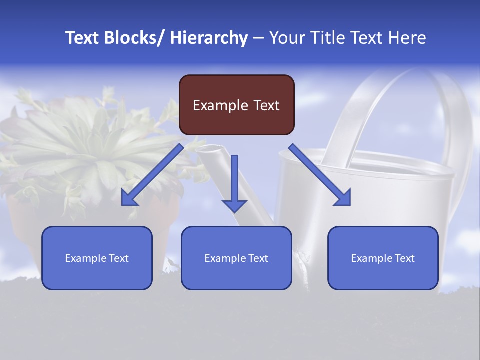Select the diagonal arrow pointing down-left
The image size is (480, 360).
152,175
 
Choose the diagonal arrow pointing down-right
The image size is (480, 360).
320,175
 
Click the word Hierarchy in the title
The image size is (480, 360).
209,38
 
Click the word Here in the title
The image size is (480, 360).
407,38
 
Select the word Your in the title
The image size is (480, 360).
287,38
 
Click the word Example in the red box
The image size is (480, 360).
213,105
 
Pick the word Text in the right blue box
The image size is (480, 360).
404,258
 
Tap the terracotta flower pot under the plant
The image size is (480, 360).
30,225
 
